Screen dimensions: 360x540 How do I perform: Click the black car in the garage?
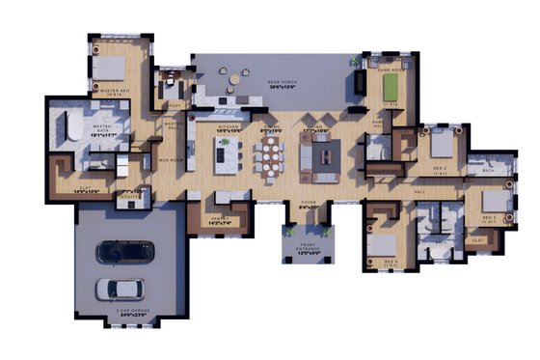click(x=123, y=252)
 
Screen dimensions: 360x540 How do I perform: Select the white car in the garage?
click(x=121, y=288)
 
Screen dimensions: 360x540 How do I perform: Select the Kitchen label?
click(x=228, y=127)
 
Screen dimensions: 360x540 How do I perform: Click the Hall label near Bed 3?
click(x=418, y=192)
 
